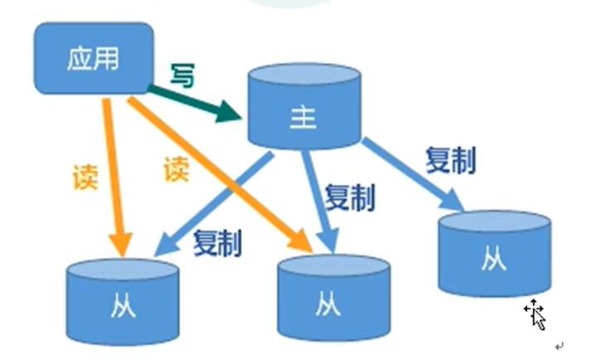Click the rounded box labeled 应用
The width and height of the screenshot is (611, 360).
point(93,58)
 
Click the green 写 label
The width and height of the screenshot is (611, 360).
point(183,76)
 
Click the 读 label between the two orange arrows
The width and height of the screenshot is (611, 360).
point(176,169)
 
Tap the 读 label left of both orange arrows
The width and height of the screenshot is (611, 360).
point(85,177)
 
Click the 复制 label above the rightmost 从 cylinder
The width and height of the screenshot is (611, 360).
point(450,160)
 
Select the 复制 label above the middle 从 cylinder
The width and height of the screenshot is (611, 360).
point(349,197)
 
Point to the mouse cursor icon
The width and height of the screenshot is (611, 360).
point(535,314)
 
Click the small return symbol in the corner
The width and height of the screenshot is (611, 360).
point(559,345)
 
